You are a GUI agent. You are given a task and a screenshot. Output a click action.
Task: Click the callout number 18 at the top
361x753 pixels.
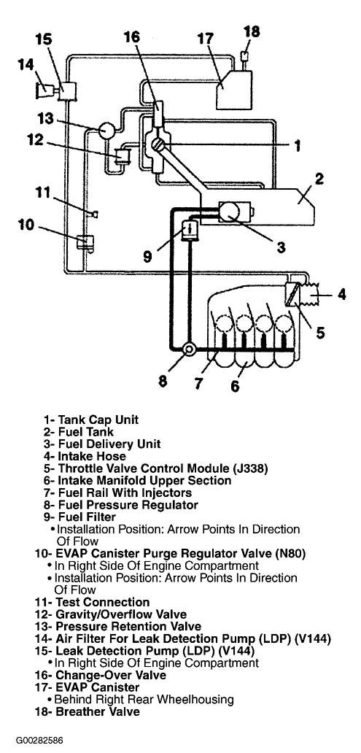pos(252,31)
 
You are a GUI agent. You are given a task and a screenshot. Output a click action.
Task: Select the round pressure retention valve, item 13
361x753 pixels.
pos(106,130)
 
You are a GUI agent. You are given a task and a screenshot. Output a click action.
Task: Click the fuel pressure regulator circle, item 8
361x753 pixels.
pos(189,350)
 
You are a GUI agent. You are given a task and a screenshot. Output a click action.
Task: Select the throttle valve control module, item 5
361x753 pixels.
pos(292,294)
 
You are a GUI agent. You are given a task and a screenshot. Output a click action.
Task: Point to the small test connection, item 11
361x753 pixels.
pos(95,214)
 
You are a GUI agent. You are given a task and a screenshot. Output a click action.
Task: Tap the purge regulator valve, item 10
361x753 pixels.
pos(85,242)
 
